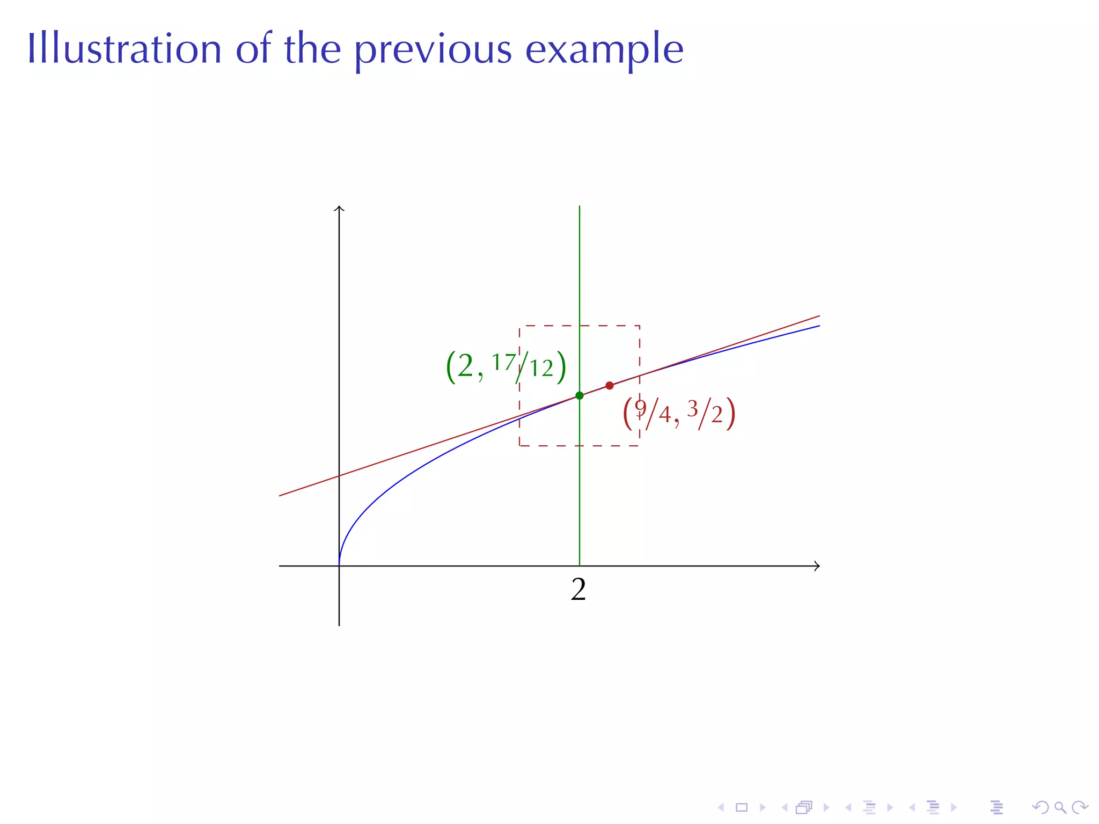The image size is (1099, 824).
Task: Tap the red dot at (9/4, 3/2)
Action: [610, 386]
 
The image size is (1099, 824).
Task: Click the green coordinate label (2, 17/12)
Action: [506, 367]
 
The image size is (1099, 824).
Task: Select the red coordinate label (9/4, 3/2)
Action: [679, 415]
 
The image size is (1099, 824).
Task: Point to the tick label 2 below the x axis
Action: [578, 590]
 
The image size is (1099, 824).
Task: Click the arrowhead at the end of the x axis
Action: [818, 566]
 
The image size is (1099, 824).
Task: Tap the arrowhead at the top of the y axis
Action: [339, 208]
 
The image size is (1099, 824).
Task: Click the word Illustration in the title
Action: [124, 49]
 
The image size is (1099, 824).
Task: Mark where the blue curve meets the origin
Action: [339, 565]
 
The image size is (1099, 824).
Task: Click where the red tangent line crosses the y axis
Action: [339, 476]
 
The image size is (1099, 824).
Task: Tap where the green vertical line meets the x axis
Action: [580, 566]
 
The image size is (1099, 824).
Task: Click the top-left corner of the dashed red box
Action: [519, 326]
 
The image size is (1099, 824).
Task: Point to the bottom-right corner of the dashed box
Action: [640, 445]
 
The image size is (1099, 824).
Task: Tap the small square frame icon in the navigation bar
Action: [742, 807]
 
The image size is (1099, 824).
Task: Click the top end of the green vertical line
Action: [580, 207]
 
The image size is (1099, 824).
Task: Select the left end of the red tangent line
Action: [280, 495]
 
